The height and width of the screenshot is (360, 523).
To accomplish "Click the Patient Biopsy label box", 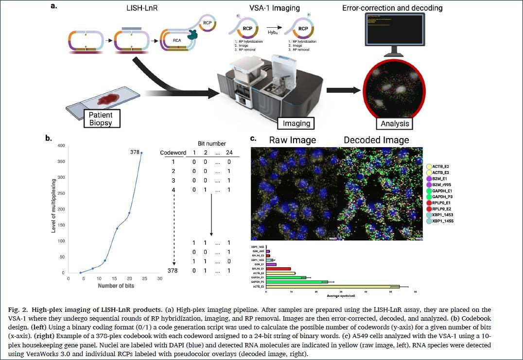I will (x=100, y=119).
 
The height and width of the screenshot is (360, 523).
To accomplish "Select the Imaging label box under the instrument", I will (x=296, y=123).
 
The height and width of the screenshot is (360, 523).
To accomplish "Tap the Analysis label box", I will (x=394, y=124).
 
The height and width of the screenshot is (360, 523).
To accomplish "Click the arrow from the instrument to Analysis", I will (x=344, y=90).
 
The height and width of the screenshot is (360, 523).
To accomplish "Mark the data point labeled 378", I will (x=141, y=153).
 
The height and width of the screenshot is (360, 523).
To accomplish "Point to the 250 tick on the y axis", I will (x=62, y=193).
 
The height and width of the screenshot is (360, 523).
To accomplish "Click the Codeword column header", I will (x=173, y=153).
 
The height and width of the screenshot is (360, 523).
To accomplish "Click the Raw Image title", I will (x=293, y=140).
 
